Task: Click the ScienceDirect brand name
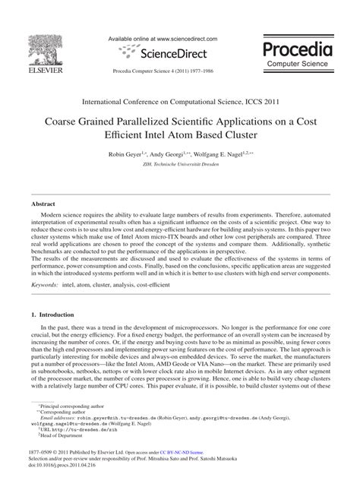point(169,53)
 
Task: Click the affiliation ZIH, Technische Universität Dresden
point(180,164)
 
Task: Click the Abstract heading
point(43,204)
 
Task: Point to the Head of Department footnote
point(66,457)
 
